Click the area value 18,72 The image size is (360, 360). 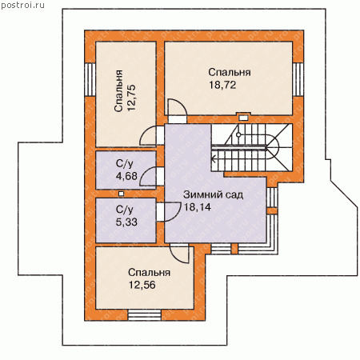point(222,85)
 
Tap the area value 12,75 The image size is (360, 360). point(132,98)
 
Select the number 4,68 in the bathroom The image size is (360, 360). point(126,176)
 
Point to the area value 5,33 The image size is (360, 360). point(126,222)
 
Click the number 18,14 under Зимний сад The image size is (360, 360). point(198,207)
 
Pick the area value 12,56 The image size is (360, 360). point(142,285)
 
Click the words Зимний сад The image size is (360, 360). point(213,194)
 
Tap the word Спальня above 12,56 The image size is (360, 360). point(149,273)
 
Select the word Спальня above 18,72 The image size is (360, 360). point(230,72)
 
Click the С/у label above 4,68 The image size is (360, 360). point(124,163)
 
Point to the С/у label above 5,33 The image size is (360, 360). point(124,210)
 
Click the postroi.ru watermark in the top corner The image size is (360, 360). point(22,5)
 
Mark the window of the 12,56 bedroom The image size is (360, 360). point(145,315)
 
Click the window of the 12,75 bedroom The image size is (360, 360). point(90,79)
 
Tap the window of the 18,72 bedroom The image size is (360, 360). point(298,79)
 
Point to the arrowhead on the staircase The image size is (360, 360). point(214,159)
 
